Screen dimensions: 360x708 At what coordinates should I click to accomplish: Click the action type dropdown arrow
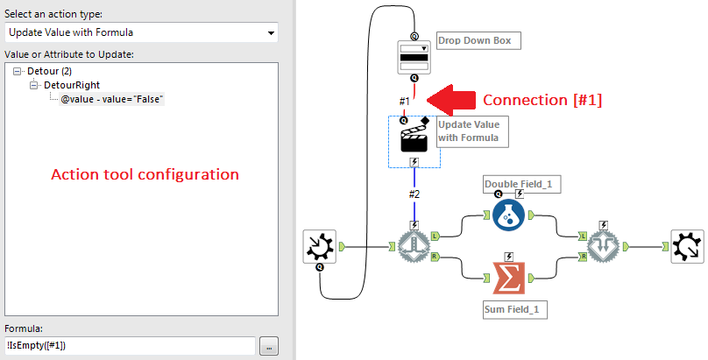pos(269,33)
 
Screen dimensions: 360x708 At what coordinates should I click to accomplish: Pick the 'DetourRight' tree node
pos(73,84)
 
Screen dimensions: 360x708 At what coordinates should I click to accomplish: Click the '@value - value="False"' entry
pos(113,99)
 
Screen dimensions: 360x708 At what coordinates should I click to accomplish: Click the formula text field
pos(130,345)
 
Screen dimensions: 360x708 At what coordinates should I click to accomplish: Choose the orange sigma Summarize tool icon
pos(508,279)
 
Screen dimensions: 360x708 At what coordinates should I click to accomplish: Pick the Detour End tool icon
pos(603,248)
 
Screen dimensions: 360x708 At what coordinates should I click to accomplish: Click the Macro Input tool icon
pos(319,248)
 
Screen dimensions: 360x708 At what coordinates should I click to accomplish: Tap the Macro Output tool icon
pos(688,248)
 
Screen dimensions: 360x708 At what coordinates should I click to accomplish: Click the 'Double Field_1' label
pos(522,184)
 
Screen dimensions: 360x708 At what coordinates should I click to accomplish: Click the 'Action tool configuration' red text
pos(145,174)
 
